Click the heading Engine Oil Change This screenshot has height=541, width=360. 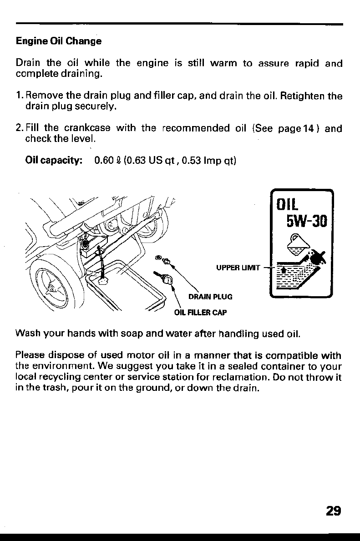click(59, 41)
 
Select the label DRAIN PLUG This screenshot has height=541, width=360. click(210, 297)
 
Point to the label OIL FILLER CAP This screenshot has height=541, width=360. click(200, 313)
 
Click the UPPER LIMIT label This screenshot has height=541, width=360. click(238, 268)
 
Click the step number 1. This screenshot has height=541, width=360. click(19, 96)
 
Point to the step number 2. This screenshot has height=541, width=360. click(19, 128)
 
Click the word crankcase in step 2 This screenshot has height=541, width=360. click(84, 128)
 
